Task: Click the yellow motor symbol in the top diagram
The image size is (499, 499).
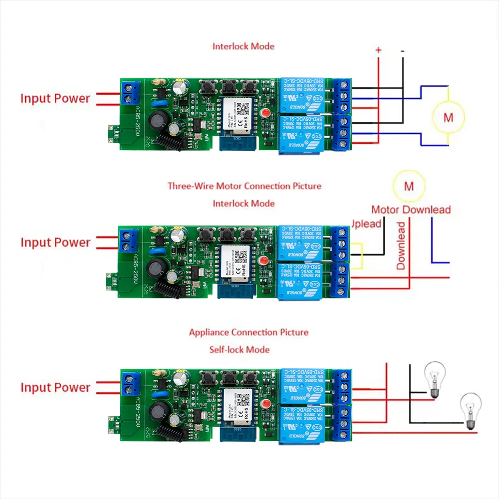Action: (x=448, y=118)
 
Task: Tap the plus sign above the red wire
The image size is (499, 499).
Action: (x=378, y=50)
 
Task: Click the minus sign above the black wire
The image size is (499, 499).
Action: (x=402, y=50)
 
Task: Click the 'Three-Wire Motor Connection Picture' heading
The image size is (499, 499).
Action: (x=245, y=186)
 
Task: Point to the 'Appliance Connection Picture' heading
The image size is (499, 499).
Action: (x=249, y=332)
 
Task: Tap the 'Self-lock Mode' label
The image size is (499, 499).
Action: (x=240, y=349)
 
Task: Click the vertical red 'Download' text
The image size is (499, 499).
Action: (x=401, y=246)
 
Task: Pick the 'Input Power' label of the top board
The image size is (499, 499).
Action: (x=55, y=98)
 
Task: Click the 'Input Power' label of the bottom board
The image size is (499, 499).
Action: (x=55, y=387)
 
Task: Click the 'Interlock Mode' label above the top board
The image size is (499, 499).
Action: (x=244, y=46)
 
